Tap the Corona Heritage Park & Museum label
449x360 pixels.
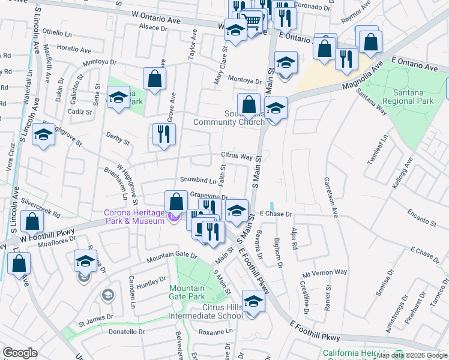click(134, 217)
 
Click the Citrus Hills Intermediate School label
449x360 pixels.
click(214, 311)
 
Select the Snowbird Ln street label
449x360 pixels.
click(194, 180)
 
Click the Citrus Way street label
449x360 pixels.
click(237, 156)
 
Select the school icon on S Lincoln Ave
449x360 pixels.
click(44, 135)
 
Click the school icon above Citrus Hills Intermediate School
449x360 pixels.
click(253, 302)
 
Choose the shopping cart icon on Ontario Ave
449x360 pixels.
click(254, 22)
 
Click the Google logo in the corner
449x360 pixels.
click(20, 353)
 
